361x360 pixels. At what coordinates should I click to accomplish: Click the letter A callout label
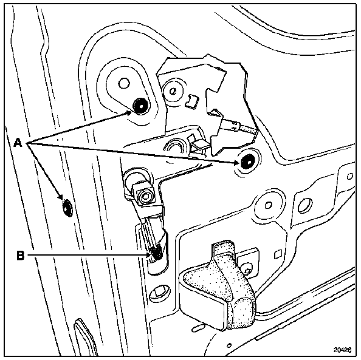pos(18,143)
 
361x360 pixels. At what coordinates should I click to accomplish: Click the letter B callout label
pos(21,255)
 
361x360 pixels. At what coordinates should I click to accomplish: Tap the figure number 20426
pos(343,350)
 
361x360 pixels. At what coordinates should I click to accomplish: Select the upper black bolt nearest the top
pos(140,106)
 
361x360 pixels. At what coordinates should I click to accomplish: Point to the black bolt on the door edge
pos(67,208)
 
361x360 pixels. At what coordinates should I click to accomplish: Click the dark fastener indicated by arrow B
pos(157,253)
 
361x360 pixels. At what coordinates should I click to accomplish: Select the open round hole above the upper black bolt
pos(124,83)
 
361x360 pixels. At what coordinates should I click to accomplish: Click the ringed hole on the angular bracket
pos(173,91)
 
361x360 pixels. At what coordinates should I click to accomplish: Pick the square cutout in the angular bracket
pos(192,101)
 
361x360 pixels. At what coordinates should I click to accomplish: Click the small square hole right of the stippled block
pos(278,254)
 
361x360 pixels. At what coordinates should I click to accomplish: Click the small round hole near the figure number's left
pos(229,345)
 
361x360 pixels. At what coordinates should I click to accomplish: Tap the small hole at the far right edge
pos(350,177)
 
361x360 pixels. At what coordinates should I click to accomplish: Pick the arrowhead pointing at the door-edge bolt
pos(60,197)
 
